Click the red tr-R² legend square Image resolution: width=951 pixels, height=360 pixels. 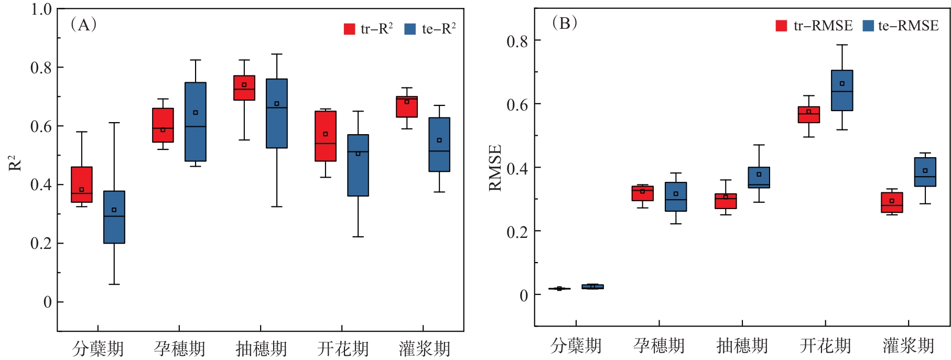[x=349, y=29]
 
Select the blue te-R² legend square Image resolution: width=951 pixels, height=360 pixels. [x=410, y=29]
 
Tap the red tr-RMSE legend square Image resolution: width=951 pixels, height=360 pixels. [x=781, y=26]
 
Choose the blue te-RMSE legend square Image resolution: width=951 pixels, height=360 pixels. [x=868, y=26]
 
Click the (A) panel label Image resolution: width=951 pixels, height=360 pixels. [x=83, y=24]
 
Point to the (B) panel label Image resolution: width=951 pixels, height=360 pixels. [x=565, y=23]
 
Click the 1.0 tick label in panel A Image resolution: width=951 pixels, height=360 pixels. [x=41, y=9]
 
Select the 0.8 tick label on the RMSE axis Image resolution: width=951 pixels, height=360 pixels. [x=517, y=41]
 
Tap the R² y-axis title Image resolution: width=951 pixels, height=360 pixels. [x=15, y=163]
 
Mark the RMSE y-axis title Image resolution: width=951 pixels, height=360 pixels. [x=495, y=168]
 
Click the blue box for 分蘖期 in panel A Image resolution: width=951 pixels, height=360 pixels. [x=114, y=217]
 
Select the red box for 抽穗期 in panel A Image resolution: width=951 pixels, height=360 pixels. [x=244, y=88]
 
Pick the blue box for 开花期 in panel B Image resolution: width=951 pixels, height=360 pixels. [x=842, y=90]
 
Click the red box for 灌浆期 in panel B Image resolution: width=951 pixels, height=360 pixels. [x=892, y=202]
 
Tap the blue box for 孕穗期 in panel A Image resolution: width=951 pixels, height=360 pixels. [x=196, y=122]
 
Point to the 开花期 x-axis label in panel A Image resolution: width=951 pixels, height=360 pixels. [x=343, y=348]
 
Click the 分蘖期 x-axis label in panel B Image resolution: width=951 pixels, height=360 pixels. [x=576, y=346]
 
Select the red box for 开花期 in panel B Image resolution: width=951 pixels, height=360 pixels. [x=809, y=115]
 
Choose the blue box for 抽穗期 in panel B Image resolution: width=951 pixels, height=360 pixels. [x=759, y=178]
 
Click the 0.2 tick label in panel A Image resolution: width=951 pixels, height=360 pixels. [x=41, y=244]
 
